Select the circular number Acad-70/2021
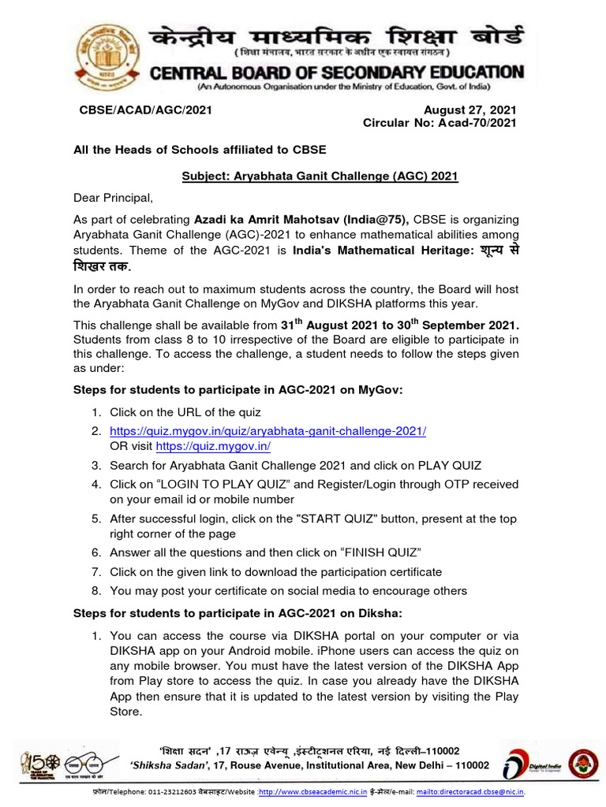click(471, 123)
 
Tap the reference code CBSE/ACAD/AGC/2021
click(146, 110)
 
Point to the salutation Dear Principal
click(112, 197)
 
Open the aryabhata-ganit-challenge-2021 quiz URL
click(267, 431)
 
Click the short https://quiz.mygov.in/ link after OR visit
click(213, 446)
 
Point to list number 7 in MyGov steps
click(95, 571)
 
